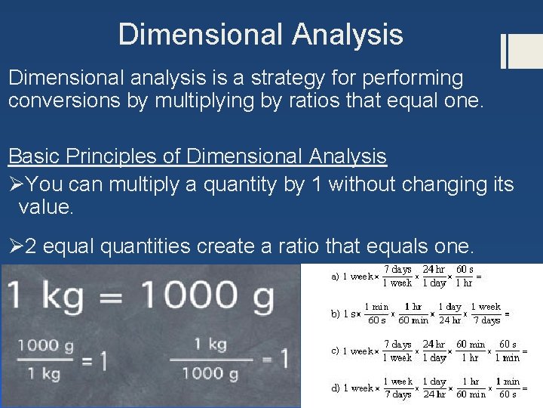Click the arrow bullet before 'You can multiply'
(17, 184)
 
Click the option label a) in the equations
(335, 277)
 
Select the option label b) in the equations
(335, 314)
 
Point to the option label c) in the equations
(335, 351)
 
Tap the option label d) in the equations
(335, 388)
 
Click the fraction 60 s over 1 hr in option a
(465, 276)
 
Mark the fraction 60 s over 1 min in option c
(508, 351)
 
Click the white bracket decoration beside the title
(514, 51)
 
